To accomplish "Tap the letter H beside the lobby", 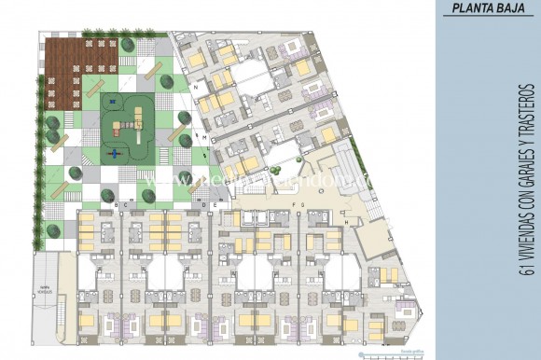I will [346, 223].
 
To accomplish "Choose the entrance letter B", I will [116, 204].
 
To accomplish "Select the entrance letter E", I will [215, 204].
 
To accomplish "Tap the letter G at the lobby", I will [303, 203].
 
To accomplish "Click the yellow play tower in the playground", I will [134, 117].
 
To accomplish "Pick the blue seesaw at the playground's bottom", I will [116, 153].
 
